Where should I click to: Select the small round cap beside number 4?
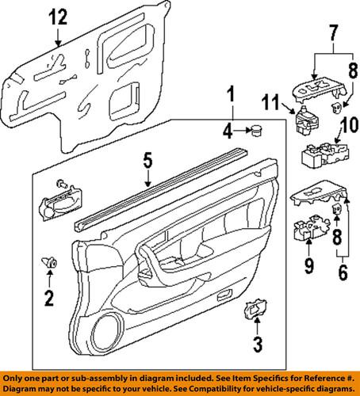258,131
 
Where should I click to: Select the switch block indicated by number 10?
318,155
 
